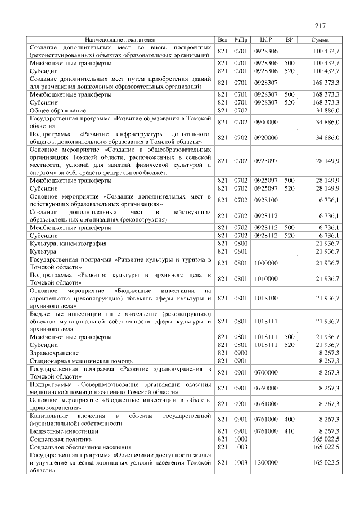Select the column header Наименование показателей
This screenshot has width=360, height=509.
pyautogui.click(x=120, y=40)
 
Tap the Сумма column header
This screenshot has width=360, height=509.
pyautogui.click(x=320, y=40)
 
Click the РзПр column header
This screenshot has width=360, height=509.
pyautogui.click(x=242, y=40)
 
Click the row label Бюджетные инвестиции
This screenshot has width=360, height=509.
pyautogui.click(x=64, y=430)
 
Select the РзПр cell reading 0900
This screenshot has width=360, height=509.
pyautogui.click(x=241, y=352)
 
